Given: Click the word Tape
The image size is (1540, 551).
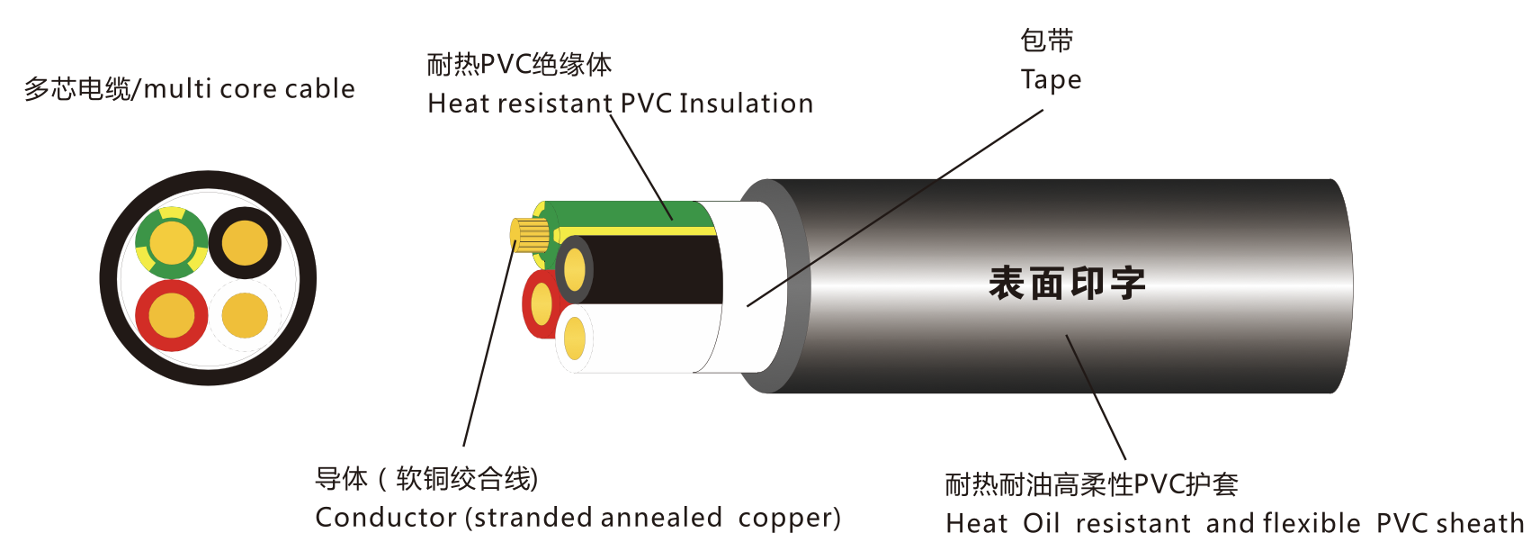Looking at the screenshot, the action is point(1051,80).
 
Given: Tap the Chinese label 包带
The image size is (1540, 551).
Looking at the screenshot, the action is point(1046,41).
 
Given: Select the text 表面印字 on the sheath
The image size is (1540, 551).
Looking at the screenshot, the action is point(1067,283).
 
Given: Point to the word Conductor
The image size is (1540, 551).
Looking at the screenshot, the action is point(386,518).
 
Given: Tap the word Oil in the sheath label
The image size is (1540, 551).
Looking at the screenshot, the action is point(1041,523).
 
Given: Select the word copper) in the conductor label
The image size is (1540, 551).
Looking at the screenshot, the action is point(789,519).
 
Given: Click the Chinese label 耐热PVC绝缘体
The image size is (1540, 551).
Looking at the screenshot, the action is point(519,65).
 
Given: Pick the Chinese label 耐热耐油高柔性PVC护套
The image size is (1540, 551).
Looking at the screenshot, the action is point(1092,485).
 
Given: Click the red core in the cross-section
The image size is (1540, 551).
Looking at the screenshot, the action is point(171,315).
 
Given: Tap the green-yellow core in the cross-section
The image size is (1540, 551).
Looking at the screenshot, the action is point(171,242).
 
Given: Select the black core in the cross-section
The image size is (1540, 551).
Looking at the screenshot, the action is point(245,243).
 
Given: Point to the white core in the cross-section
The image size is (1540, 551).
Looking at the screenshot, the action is point(245,316).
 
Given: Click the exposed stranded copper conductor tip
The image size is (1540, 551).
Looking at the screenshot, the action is point(529,235).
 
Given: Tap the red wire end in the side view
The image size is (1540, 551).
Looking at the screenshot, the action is point(541,303).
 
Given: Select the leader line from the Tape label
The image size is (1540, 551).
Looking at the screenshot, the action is point(895,207).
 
